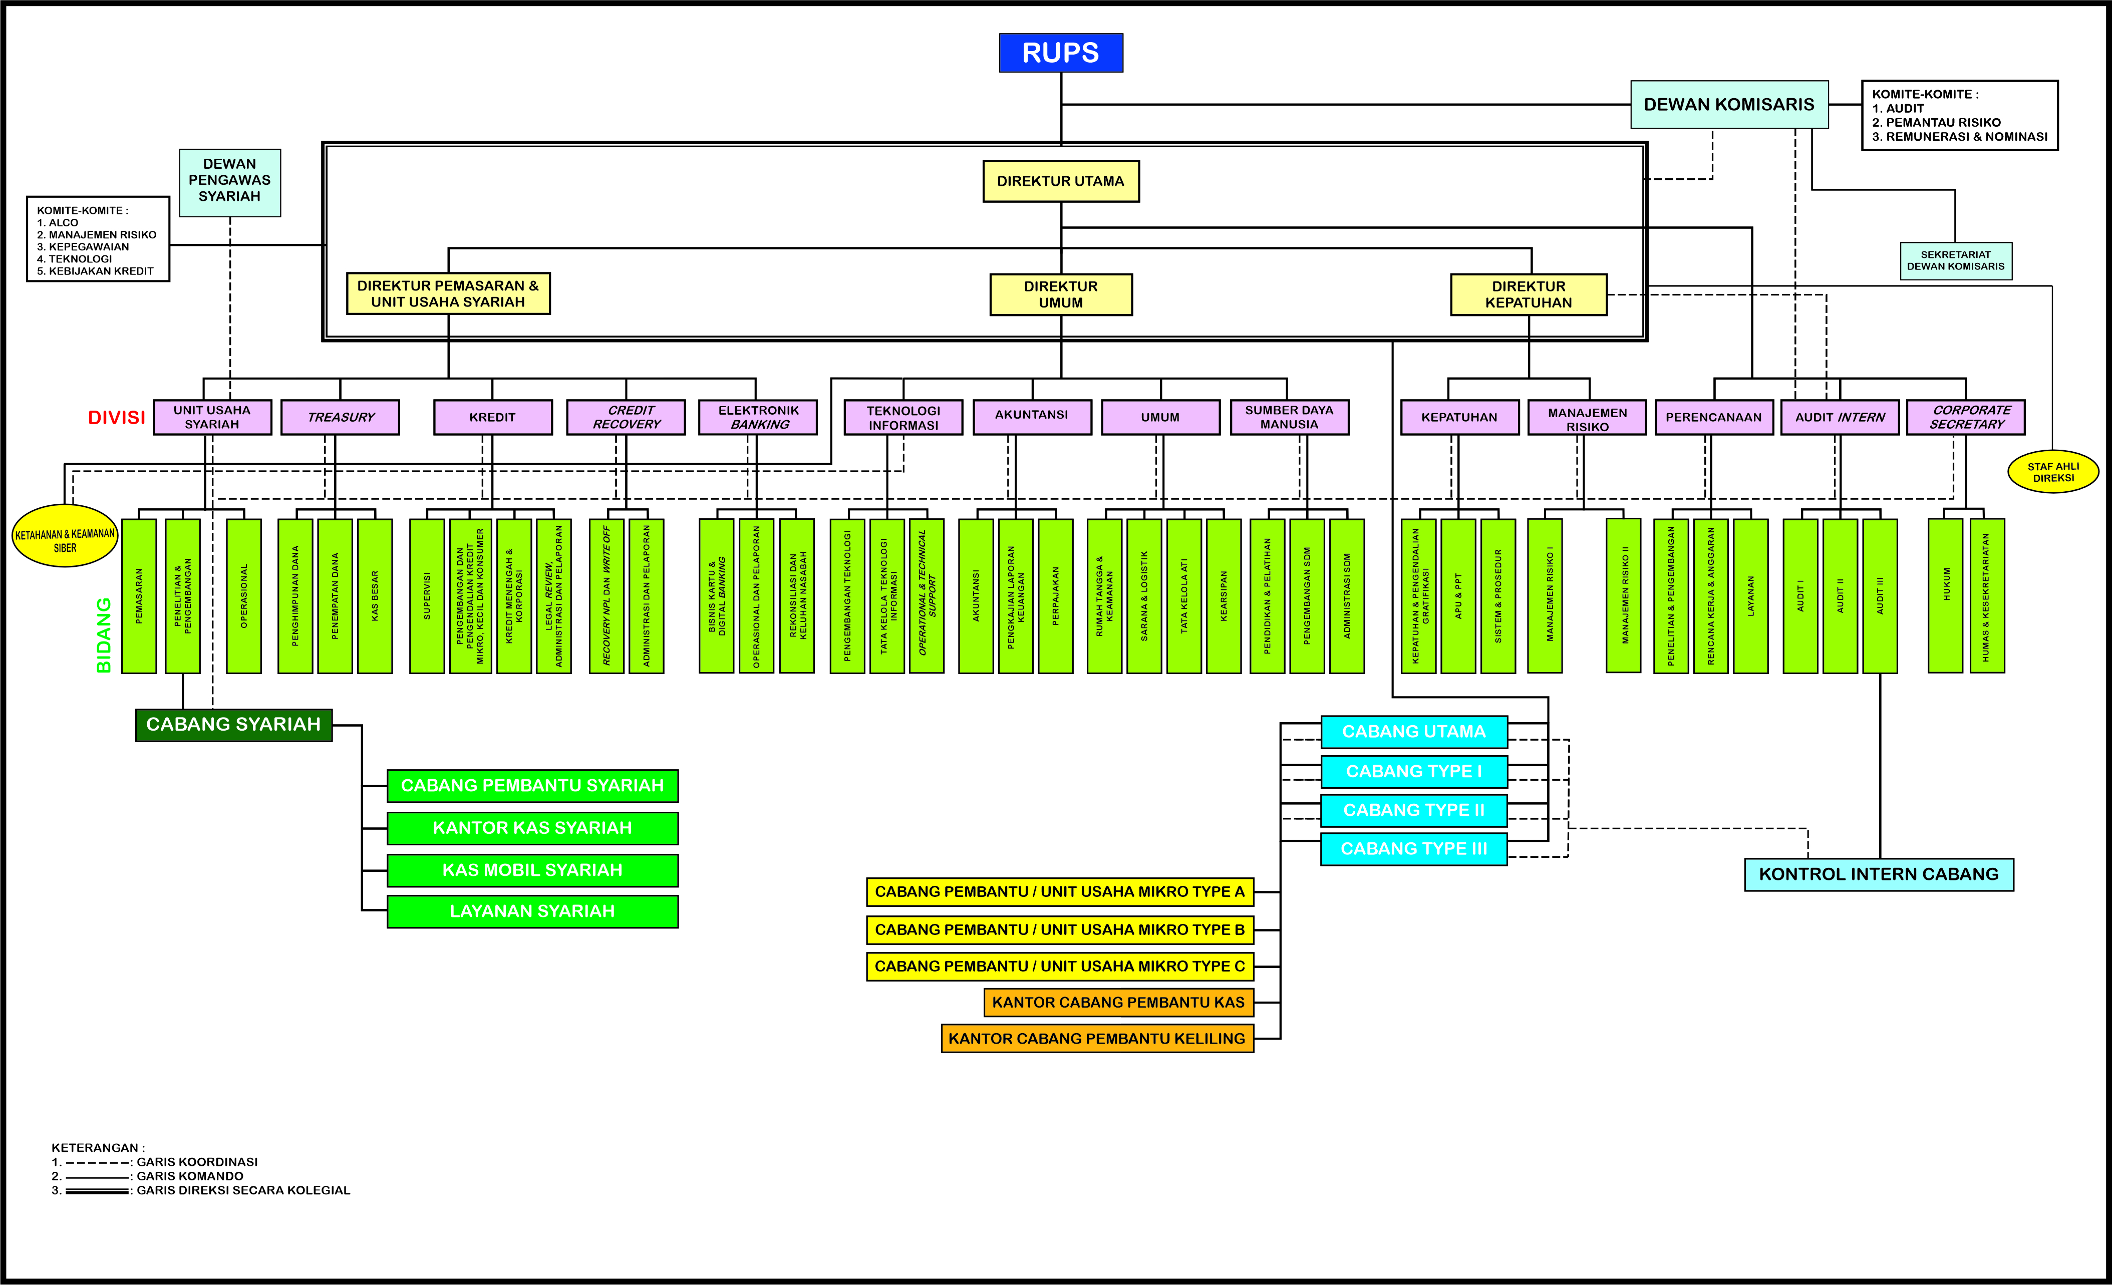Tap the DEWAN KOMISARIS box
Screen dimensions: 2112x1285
click(x=1729, y=105)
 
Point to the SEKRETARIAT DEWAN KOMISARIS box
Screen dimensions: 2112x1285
click(x=1955, y=260)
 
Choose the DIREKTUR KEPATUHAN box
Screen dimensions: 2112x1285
click(x=1529, y=294)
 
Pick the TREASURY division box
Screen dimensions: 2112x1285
click(x=340, y=418)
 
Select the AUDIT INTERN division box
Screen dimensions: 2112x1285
click(x=1840, y=418)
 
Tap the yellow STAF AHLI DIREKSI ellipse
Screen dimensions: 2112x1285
click(x=2053, y=471)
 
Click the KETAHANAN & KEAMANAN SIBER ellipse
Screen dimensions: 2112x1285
click(x=65, y=536)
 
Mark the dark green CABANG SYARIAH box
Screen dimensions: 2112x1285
click(x=233, y=724)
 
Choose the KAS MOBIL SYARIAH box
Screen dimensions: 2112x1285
click(x=532, y=870)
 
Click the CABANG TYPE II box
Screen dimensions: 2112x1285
click(x=1413, y=810)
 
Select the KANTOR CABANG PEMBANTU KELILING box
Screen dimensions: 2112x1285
click(x=1097, y=1038)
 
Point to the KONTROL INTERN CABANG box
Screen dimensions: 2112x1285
click(x=1879, y=874)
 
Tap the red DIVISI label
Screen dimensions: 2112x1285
click(x=117, y=418)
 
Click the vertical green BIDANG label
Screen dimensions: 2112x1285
click(x=104, y=634)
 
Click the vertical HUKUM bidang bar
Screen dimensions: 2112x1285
click(x=1945, y=596)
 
